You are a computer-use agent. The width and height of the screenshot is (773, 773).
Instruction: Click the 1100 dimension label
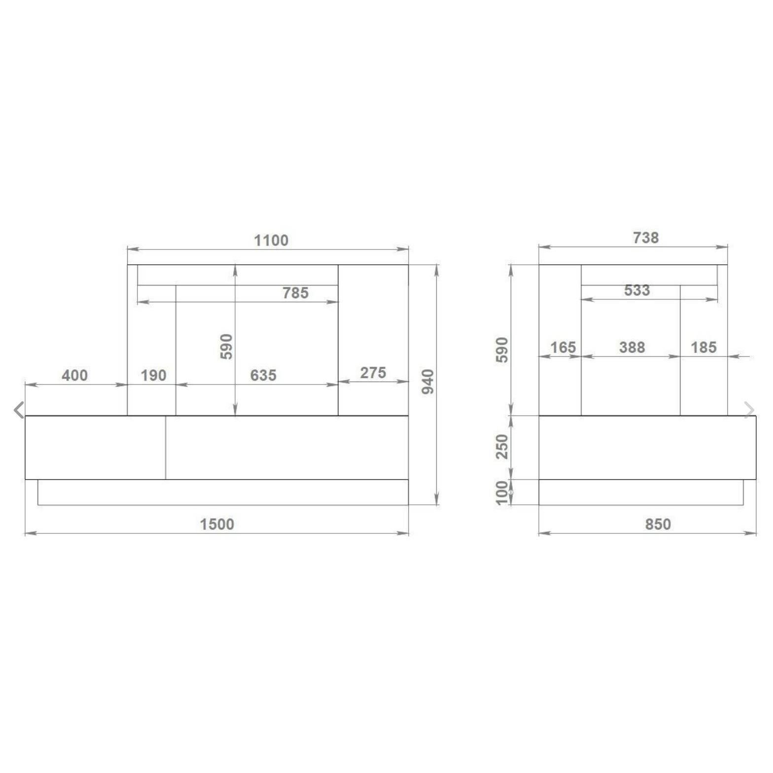point(271,240)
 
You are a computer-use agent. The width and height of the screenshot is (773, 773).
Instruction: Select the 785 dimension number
point(295,293)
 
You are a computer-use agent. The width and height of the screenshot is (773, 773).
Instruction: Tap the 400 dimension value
point(74,375)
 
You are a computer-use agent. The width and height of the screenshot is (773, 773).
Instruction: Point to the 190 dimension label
point(153,375)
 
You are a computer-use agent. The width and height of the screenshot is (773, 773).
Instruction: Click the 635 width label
point(263,375)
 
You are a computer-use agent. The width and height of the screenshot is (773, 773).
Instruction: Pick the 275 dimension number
point(373,373)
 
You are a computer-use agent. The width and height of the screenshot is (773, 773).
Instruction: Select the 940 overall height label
point(428,382)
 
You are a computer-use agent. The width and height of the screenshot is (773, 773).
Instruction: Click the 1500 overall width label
point(217,524)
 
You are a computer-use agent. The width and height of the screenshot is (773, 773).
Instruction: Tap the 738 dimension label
point(646,238)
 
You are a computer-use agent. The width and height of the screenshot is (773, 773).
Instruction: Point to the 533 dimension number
point(637,290)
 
